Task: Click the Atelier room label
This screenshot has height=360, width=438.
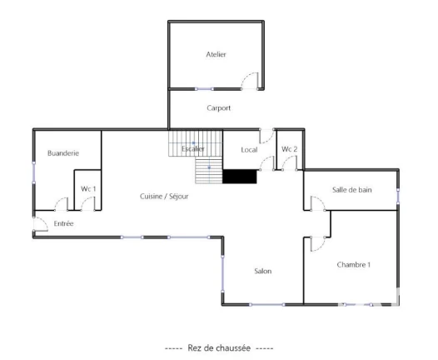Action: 216,54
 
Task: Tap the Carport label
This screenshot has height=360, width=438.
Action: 219,107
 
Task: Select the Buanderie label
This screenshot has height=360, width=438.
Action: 63,152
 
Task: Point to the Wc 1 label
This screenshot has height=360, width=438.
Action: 88,189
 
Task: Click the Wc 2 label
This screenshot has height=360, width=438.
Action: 289,149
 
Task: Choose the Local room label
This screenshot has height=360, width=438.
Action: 249,150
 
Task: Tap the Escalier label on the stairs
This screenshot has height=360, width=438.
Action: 192,148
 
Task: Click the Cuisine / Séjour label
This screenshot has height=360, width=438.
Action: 164,197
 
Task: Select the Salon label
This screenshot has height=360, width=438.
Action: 263,271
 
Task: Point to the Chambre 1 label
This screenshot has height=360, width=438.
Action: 354,265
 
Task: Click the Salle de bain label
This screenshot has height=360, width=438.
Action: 352,190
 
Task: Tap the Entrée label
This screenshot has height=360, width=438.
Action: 63,223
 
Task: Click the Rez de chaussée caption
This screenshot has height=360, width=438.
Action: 219,348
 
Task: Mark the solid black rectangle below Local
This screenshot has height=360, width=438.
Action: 240,177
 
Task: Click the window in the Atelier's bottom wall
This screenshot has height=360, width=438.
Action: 204,89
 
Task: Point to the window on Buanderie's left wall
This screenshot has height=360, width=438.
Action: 34,172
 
